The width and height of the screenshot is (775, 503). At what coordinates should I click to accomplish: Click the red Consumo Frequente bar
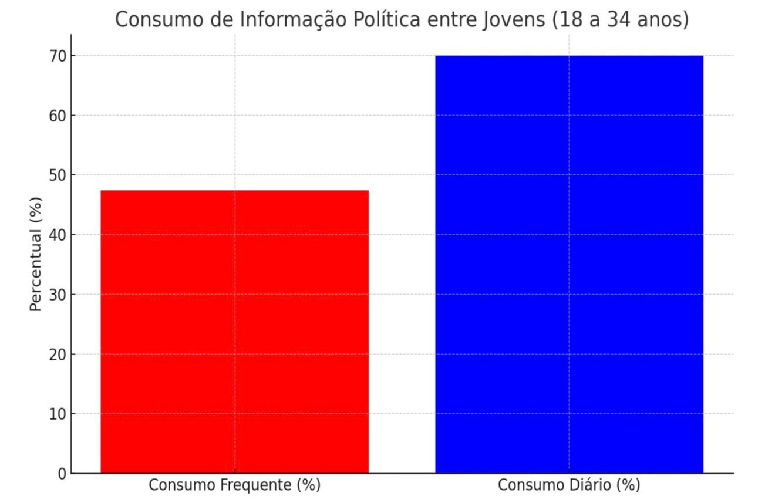[234, 332]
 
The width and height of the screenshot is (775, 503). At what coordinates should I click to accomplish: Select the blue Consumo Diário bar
[568, 264]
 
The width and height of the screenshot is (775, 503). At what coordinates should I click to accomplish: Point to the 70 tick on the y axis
[59, 56]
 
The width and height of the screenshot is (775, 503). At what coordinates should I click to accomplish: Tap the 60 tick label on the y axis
[59, 116]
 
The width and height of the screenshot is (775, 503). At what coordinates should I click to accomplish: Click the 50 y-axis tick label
[59, 175]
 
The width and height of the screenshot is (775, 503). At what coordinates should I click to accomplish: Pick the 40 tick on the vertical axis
[59, 235]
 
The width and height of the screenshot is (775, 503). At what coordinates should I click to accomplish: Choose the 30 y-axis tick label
[59, 295]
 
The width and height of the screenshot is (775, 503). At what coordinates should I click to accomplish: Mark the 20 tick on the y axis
[59, 355]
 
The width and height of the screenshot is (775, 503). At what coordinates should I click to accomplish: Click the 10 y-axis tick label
[59, 414]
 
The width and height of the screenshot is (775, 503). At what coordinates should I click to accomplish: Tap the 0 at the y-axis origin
[63, 474]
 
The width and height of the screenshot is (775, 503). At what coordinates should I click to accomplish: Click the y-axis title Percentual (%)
[36, 254]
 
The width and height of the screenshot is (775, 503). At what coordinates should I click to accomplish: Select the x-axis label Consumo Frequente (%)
[234, 486]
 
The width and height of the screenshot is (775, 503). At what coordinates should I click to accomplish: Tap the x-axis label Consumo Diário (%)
[568, 486]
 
